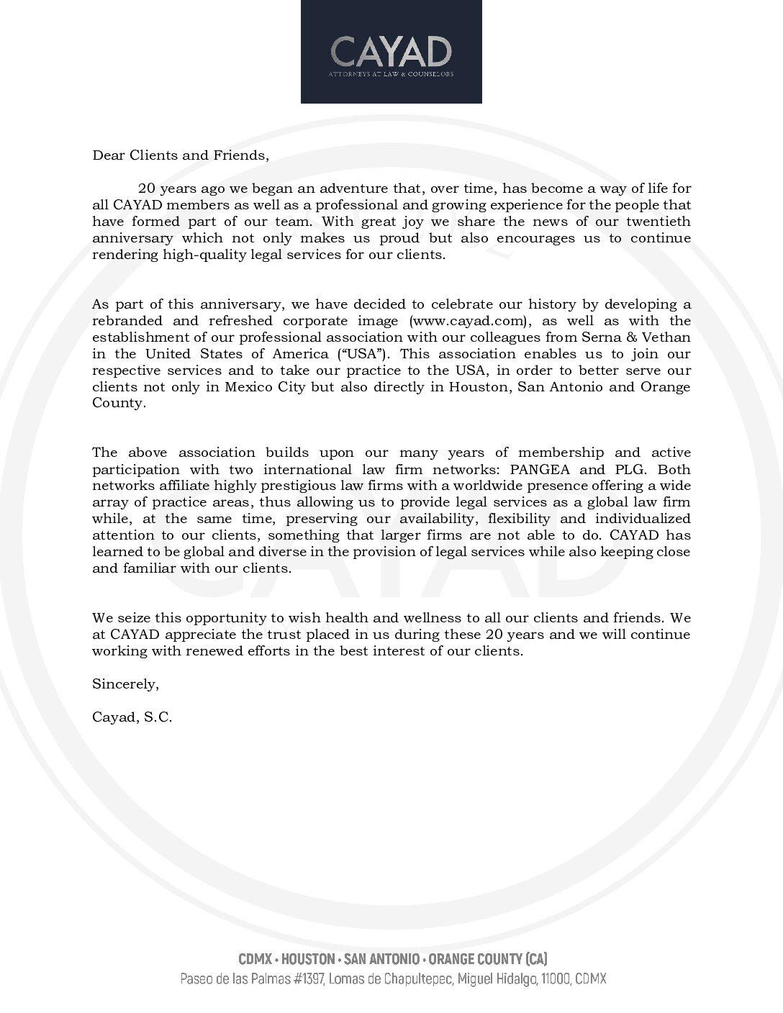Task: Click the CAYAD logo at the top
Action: coord(391,51)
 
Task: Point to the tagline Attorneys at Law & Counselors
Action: coord(391,73)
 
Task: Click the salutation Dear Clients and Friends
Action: coord(180,155)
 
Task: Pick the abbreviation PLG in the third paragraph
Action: coord(626,469)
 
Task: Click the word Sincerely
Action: coord(125,684)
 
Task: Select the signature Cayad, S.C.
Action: coord(132,717)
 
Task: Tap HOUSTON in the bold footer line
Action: coord(308,959)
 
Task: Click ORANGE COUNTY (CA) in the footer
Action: coord(487,959)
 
